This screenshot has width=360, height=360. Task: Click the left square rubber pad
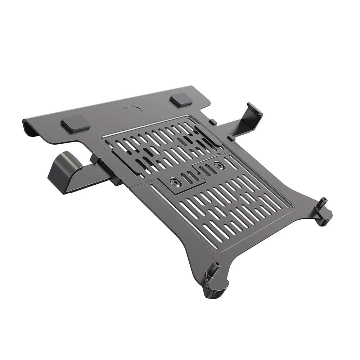pyautogui.click(x=76, y=123)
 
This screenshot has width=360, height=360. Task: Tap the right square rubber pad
pyautogui.click(x=181, y=100)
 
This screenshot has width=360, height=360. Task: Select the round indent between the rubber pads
pyautogui.click(x=132, y=111)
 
